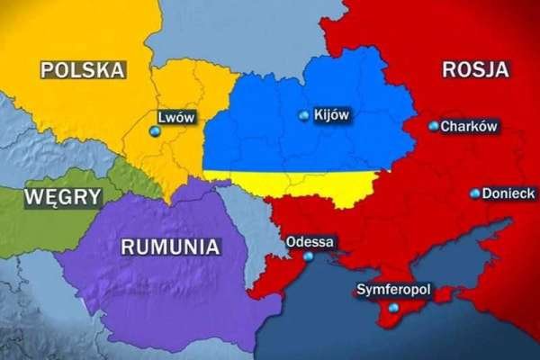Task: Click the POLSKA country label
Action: (82, 68)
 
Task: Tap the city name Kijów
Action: (330, 115)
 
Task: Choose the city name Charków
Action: (470, 127)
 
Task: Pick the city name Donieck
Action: (508, 193)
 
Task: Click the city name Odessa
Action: (310, 241)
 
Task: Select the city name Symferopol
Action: (394, 291)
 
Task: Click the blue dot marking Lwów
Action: (155, 132)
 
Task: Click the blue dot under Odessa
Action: (309, 256)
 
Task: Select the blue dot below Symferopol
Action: (392, 308)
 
